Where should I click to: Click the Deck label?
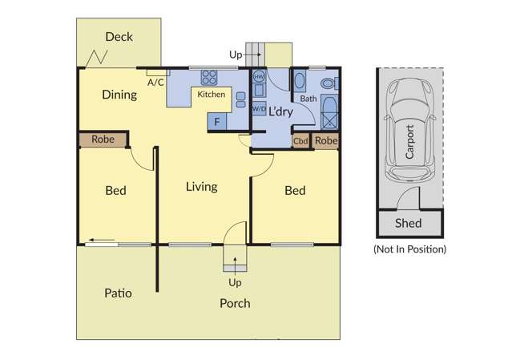tap(119, 37)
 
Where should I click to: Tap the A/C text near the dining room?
tap(155, 82)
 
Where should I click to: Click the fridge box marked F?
tap(217, 122)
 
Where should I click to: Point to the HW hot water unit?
tap(259, 78)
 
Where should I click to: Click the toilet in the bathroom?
tap(329, 83)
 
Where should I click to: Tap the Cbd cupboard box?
tap(300, 141)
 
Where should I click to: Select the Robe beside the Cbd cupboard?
tap(325, 141)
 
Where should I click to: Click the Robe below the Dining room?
tap(103, 140)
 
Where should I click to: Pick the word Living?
tap(201, 187)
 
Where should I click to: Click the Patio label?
tap(118, 293)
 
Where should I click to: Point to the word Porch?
tap(235, 303)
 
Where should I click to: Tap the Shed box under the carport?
tap(409, 223)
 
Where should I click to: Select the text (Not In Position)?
tap(409, 249)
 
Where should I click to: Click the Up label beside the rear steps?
tap(236, 55)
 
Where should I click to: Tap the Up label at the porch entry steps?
tap(235, 283)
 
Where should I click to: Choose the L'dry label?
tap(280, 111)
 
